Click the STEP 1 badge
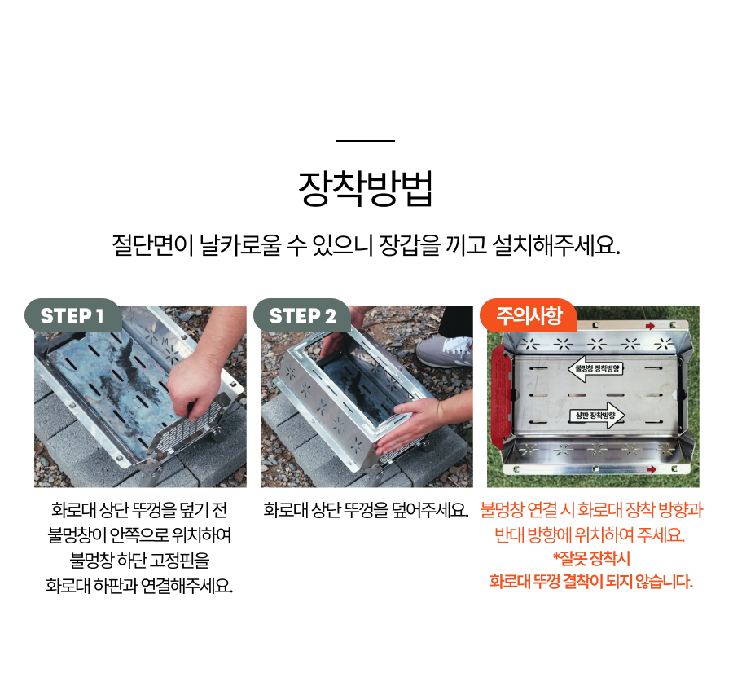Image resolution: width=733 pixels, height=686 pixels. pyautogui.click(x=73, y=315)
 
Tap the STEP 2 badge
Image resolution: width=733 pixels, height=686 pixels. pyautogui.click(x=302, y=315)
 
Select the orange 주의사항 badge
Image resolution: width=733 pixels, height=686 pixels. pyautogui.click(x=529, y=315)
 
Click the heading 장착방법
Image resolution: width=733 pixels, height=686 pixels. pyautogui.click(x=366, y=188)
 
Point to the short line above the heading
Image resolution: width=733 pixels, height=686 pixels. pyautogui.click(x=366, y=140)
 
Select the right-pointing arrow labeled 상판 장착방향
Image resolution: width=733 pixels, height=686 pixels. pyautogui.click(x=596, y=415)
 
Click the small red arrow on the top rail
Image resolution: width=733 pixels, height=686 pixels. pyautogui.click(x=650, y=326)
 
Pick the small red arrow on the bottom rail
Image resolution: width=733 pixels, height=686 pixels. pyautogui.click(x=652, y=469)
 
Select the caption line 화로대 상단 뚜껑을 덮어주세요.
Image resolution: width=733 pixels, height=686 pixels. pyautogui.click(x=366, y=510)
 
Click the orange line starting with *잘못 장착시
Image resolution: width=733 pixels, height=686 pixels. pyautogui.click(x=591, y=558)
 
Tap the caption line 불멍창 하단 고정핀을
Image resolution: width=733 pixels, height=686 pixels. pyautogui.click(x=139, y=560)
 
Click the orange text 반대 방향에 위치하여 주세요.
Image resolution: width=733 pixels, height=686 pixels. pyautogui.click(x=590, y=534)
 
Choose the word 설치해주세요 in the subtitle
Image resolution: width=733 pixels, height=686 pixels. pyautogui.click(x=556, y=244)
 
